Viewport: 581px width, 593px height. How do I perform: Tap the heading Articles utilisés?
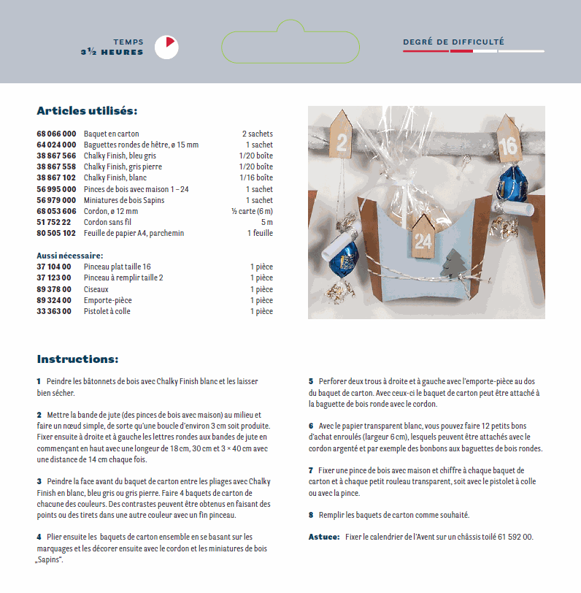point(87,111)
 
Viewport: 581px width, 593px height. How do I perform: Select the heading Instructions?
point(77,359)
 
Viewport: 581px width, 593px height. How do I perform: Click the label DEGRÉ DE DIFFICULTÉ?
point(453,42)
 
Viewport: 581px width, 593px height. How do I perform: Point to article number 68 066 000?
point(56,134)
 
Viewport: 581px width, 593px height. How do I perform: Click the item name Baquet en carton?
point(111,134)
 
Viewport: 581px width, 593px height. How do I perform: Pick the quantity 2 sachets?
point(257,134)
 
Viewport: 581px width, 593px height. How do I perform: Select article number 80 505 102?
point(56,233)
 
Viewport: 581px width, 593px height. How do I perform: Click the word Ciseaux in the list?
point(96,289)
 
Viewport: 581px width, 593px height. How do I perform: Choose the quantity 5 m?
point(266,222)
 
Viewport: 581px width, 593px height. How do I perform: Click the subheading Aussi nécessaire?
point(70,256)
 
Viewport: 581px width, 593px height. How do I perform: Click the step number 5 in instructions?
point(311,381)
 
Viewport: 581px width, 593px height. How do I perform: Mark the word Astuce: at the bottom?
point(324,537)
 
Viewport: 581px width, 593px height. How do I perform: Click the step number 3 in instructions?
point(39,481)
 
